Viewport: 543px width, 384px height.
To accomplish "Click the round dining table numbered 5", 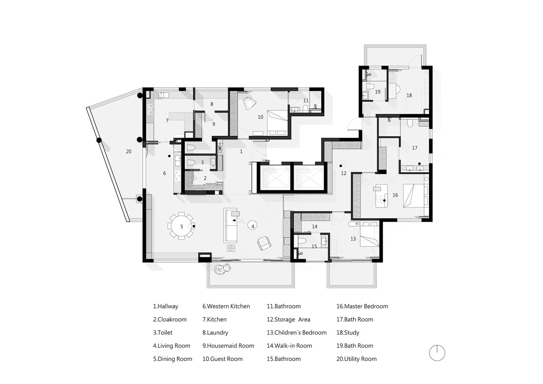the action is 181,226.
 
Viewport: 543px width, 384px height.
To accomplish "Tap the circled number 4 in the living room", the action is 252,226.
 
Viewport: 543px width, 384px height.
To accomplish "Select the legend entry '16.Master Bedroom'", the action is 362,307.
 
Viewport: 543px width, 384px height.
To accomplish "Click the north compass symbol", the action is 437,353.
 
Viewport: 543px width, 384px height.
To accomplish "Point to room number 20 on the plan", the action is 129,152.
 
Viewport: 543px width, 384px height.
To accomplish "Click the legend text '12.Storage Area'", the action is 289,320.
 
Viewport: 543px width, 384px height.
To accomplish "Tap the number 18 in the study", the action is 409,95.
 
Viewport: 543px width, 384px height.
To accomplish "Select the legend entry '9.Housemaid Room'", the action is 228,346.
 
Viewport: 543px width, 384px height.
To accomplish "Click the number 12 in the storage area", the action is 343,173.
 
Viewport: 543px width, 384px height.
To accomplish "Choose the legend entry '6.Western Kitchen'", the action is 226,307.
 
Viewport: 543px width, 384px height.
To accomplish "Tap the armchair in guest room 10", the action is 249,103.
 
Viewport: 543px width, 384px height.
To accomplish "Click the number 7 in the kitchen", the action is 167,120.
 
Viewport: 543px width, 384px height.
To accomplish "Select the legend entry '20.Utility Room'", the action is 357,359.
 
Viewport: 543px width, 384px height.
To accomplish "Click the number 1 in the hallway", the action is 241,152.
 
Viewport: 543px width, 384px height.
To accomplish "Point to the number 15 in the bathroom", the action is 314,247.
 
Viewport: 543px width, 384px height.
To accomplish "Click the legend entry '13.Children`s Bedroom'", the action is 297,332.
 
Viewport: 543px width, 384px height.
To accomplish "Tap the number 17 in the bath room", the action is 415,148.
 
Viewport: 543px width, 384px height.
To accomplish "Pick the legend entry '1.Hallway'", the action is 166,307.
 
